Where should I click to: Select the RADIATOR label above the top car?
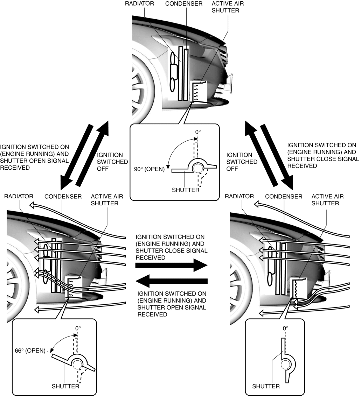click(x=139, y=4)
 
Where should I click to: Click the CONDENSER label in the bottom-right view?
click(x=284, y=197)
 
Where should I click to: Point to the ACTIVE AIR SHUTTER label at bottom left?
click(x=104, y=200)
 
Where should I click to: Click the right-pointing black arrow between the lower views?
click(x=171, y=266)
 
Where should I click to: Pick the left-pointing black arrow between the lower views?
click(x=171, y=280)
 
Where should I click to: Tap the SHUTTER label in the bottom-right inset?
click(x=266, y=386)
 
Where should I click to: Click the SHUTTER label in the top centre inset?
click(x=186, y=190)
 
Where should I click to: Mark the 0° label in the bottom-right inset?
click(x=285, y=329)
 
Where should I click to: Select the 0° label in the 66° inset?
click(x=78, y=329)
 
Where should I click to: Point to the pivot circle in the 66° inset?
click(x=77, y=365)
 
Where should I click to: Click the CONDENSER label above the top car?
click(x=184, y=4)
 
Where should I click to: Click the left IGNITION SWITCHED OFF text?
click(x=110, y=161)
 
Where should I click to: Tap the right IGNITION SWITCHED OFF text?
click(x=242, y=161)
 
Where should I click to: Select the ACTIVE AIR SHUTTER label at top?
click(x=225, y=7)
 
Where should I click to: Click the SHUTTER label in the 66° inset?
click(x=65, y=386)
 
